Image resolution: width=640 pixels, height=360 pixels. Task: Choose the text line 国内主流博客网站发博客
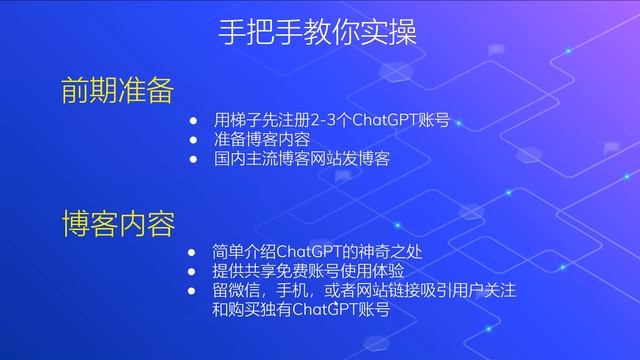pyautogui.click(x=301, y=158)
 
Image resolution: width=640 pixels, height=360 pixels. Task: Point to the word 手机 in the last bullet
pyautogui.click(x=303, y=290)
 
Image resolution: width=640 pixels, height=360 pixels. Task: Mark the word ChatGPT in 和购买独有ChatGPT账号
pyautogui.click(x=320, y=309)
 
